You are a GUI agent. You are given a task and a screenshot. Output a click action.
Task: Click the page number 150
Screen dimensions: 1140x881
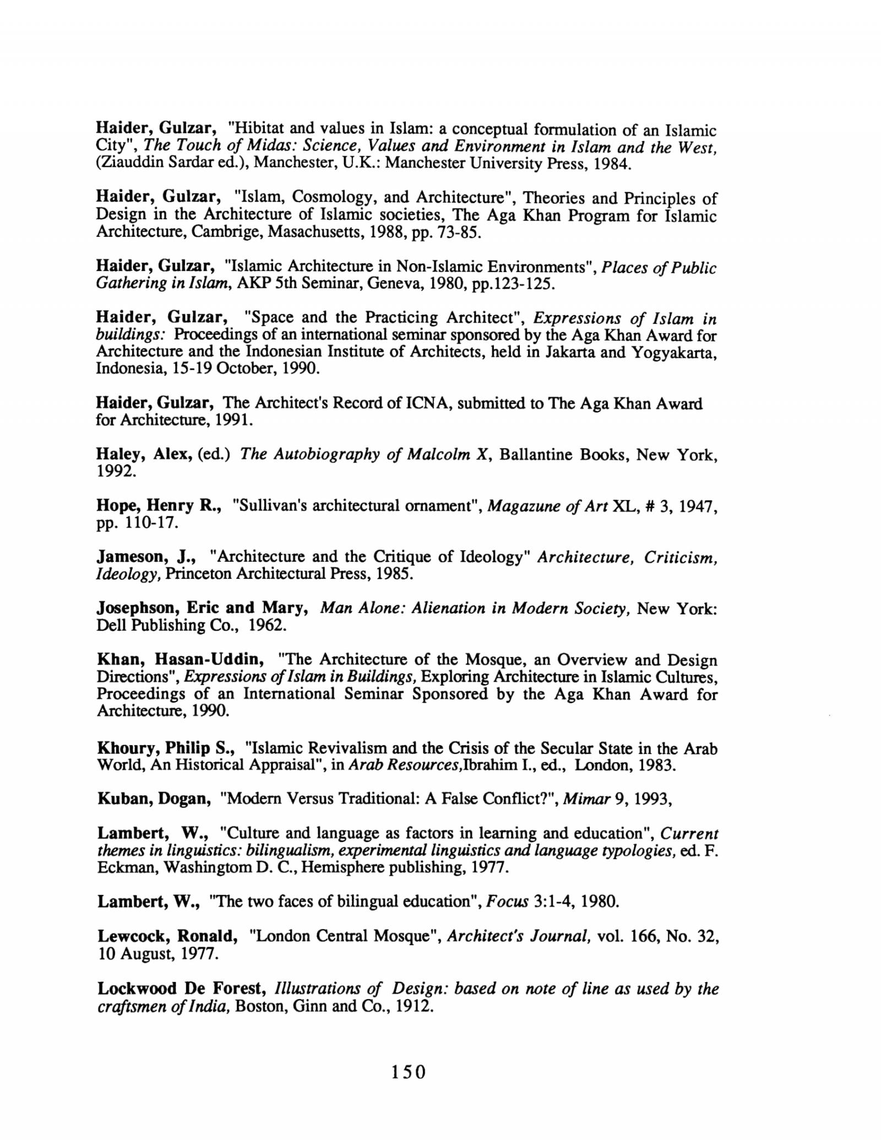(409, 1071)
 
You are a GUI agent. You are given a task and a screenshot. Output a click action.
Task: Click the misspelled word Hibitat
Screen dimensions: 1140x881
(258, 129)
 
